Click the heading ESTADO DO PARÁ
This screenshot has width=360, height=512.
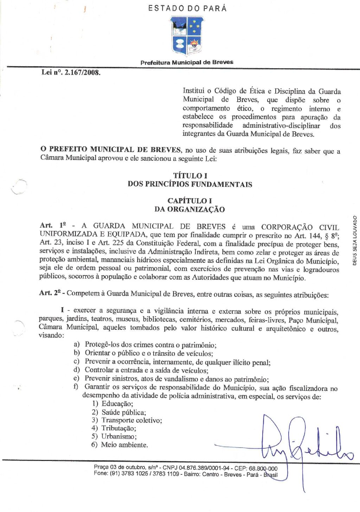[187, 8]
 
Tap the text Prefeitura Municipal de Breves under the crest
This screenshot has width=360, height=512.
[187, 63]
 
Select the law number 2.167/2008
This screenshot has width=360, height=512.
[71, 73]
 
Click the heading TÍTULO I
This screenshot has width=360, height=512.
[190, 176]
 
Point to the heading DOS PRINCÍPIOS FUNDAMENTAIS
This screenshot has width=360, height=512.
[190, 184]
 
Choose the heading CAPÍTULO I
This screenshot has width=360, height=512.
[189, 201]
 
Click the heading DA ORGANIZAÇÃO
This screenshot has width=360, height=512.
[189, 209]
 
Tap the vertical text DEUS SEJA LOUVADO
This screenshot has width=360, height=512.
[355, 240]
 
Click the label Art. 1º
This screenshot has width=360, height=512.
[53, 226]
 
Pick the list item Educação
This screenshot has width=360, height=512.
[117, 404]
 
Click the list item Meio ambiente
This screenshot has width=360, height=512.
[124, 445]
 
